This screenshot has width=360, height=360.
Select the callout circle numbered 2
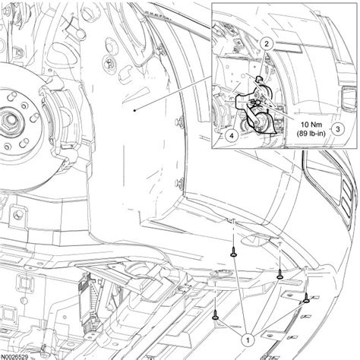click(x=267, y=45)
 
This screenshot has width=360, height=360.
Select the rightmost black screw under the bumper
click(x=306, y=298)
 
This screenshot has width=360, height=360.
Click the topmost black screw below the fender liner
click(x=235, y=257)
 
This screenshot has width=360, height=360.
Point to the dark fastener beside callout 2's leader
click(x=260, y=77)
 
